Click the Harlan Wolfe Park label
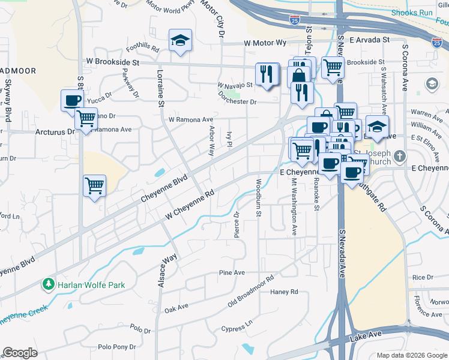click(91, 284)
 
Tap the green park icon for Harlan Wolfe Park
click(48, 284)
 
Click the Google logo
click(20, 352)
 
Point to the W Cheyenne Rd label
click(190, 205)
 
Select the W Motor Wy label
click(265, 43)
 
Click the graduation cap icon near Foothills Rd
click(180, 40)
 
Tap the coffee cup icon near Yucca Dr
click(72, 100)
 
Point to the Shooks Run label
click(412, 13)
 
